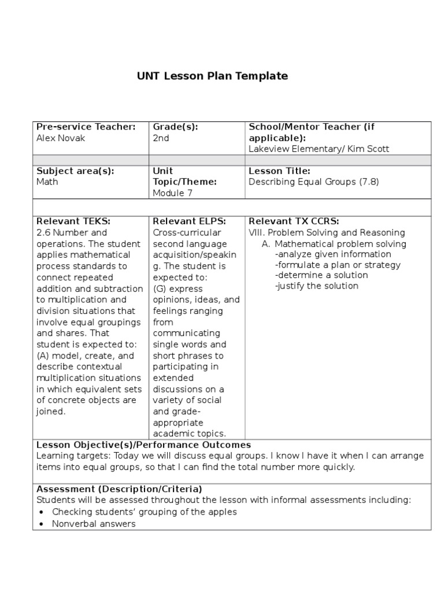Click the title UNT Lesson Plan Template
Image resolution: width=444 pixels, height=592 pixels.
click(x=212, y=76)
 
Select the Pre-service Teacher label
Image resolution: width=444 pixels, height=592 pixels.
click(x=86, y=127)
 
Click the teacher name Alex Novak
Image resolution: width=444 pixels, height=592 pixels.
click(x=61, y=138)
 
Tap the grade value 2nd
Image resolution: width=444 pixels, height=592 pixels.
click(x=161, y=138)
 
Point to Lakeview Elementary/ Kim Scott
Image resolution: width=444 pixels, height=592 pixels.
click(x=319, y=149)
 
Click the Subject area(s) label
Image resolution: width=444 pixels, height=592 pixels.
click(x=75, y=171)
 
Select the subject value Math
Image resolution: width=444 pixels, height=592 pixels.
click(x=47, y=182)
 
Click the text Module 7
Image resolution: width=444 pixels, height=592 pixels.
click(x=172, y=193)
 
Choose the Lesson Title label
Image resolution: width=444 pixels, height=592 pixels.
click(x=279, y=171)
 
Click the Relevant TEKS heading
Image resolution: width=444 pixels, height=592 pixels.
click(x=73, y=221)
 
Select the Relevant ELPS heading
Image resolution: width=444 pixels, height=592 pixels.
click(x=189, y=221)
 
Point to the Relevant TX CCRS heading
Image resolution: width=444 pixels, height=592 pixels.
click(x=293, y=221)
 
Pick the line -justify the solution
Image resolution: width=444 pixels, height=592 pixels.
click(x=317, y=286)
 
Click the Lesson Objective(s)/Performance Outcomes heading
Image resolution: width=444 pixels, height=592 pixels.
click(x=143, y=445)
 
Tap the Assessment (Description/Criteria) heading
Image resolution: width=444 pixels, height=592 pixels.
click(x=119, y=489)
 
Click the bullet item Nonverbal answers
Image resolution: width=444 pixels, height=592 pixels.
click(x=94, y=524)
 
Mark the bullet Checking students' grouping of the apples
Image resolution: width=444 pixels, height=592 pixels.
click(x=144, y=512)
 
